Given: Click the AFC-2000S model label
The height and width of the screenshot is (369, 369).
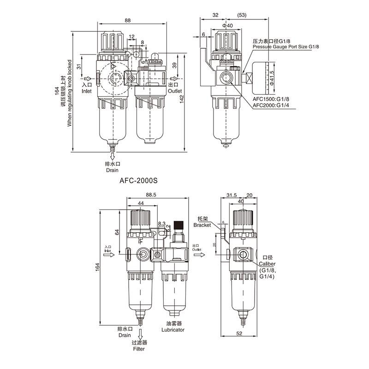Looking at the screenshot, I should pos(139,182).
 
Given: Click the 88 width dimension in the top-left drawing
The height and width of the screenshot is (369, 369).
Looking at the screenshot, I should pos(127,20).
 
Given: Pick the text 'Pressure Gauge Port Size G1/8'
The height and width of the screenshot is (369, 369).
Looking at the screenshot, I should pos(286,47).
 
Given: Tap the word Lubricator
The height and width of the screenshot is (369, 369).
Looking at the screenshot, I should pos(173,330).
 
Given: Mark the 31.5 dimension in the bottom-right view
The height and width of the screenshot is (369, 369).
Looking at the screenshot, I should pos(232,195).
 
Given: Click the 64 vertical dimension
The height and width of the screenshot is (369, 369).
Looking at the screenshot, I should pos(118,233).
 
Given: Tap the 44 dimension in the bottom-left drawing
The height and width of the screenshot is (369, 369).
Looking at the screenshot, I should pos(141,203).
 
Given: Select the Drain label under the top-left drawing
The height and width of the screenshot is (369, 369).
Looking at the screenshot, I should pos(112,170).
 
